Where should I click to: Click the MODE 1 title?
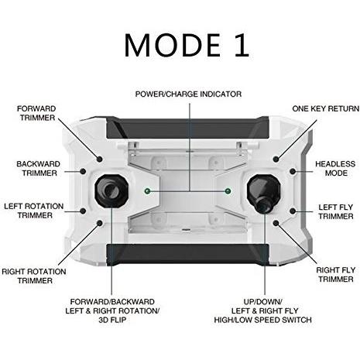pyautogui.click(x=187, y=45)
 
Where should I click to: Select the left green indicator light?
pyautogui.click(x=147, y=191)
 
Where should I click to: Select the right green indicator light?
pyautogui.click(x=228, y=191)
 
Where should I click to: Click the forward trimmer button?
pyautogui.click(x=100, y=159)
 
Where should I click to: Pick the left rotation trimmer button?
pyautogui.click(x=83, y=211)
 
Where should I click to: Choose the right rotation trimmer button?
pyautogui.click(x=100, y=223)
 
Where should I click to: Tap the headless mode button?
pyautogui.click(x=293, y=171)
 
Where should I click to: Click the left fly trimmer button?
pyautogui.click(x=293, y=211)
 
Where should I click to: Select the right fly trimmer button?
pyautogui.click(x=276, y=223)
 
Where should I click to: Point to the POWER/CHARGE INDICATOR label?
pyautogui.click(x=188, y=94)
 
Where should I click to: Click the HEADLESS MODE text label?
pyautogui.click(x=335, y=169)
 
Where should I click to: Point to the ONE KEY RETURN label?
pyautogui.click(x=326, y=108)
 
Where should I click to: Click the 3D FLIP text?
pyautogui.click(x=112, y=320)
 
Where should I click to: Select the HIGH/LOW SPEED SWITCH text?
pyautogui.click(x=263, y=320)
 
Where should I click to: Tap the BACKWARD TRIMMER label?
pyautogui.click(x=39, y=169)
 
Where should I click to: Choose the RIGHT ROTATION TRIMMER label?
pyautogui.click(x=34, y=276)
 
